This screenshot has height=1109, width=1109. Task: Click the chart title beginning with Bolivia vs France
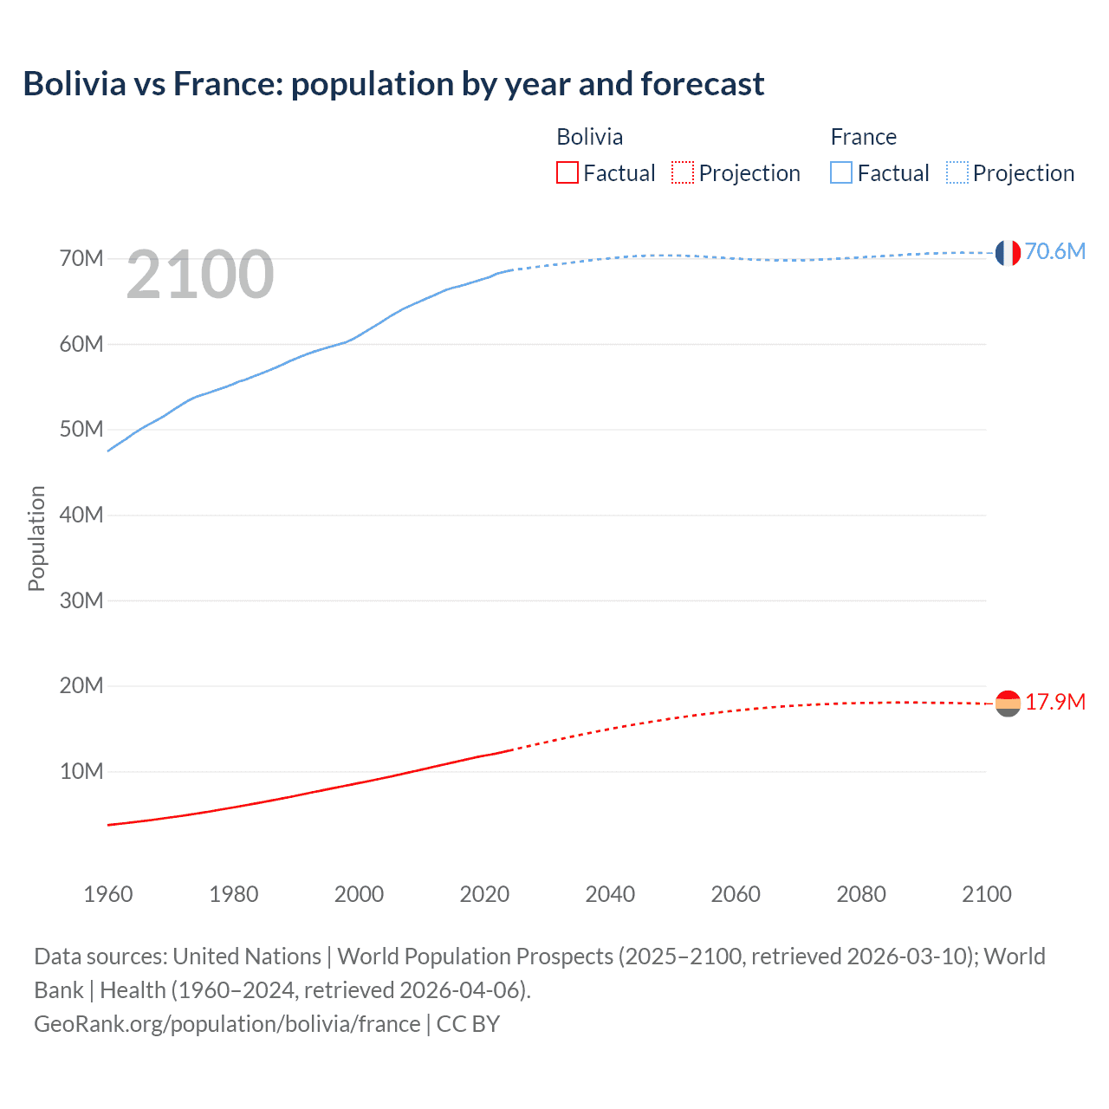393,84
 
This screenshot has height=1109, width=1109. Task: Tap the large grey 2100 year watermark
200,275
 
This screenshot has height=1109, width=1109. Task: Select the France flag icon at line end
1008,253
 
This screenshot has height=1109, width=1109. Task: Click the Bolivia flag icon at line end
1008,704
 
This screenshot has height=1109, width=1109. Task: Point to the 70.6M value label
1054,251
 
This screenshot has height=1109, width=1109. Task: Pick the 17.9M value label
1054,702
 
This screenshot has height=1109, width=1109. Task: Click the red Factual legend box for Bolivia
567,173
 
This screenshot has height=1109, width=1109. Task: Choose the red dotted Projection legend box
683,173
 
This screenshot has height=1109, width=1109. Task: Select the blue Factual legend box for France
841,173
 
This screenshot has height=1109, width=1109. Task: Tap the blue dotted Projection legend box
957,173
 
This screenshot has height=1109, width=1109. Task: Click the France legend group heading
863,137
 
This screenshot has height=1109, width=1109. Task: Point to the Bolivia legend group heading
589,137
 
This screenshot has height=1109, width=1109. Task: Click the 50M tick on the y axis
81,430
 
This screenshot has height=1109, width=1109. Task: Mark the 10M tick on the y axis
81,771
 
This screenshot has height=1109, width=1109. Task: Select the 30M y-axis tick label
81,600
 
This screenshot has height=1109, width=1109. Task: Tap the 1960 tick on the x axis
108,894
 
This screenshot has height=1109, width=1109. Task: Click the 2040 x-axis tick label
610,894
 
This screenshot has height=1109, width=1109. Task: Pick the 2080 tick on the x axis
861,894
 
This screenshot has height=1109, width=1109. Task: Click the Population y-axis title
36,538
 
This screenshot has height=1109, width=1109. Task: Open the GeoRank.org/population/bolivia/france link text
227,1024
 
